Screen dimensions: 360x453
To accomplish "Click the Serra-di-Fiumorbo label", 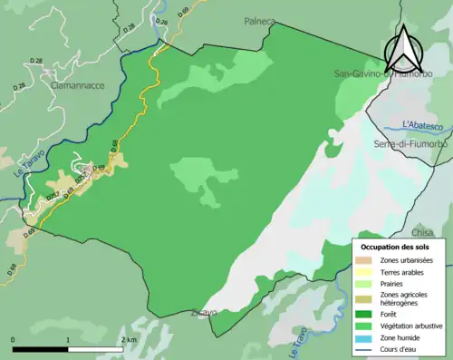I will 412,144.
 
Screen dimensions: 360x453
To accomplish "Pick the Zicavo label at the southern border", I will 203,313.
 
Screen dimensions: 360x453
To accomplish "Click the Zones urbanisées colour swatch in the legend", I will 367,260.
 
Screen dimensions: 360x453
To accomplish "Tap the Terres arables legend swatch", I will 367,271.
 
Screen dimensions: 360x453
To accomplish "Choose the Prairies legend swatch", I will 367,282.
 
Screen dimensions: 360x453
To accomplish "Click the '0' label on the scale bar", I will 13,339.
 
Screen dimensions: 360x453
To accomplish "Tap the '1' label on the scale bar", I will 68,339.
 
